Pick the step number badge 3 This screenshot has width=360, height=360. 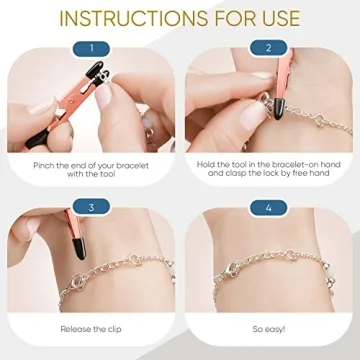pos(91,207)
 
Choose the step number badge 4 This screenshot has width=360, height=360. pos(268,207)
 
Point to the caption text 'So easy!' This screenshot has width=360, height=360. pos(268,327)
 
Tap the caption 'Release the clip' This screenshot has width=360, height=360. pos(91,327)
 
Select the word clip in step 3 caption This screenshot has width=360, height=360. pos(116,327)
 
